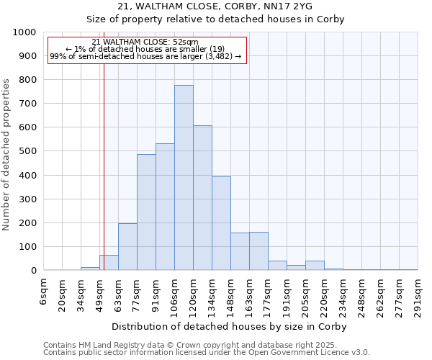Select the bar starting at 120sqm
click(x=202, y=198)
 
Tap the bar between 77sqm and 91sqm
click(x=146, y=212)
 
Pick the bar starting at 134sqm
click(x=221, y=223)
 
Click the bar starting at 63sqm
click(x=127, y=247)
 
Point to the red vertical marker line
click(x=104, y=180)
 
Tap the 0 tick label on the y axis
click(x=33, y=271)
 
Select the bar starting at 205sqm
click(x=315, y=266)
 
